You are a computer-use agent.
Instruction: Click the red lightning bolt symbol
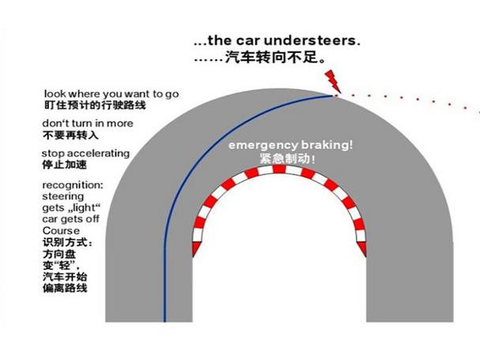[332, 79]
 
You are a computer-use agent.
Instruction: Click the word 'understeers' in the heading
[317, 39]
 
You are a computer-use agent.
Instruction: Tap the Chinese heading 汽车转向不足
[273, 58]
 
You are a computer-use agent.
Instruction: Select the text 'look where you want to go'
[111, 93]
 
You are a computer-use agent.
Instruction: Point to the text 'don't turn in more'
[88, 124]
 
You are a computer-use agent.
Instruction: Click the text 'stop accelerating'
[85, 153]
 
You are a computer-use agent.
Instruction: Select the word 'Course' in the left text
[61, 231]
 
